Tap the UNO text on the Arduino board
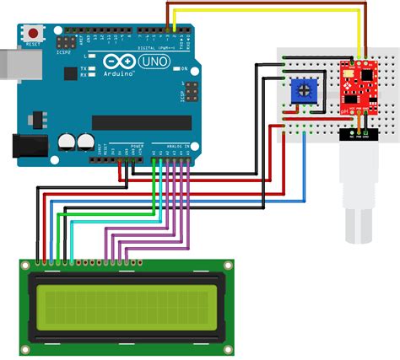151,63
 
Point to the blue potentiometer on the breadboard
302,90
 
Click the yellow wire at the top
270,11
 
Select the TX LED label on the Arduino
83,67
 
